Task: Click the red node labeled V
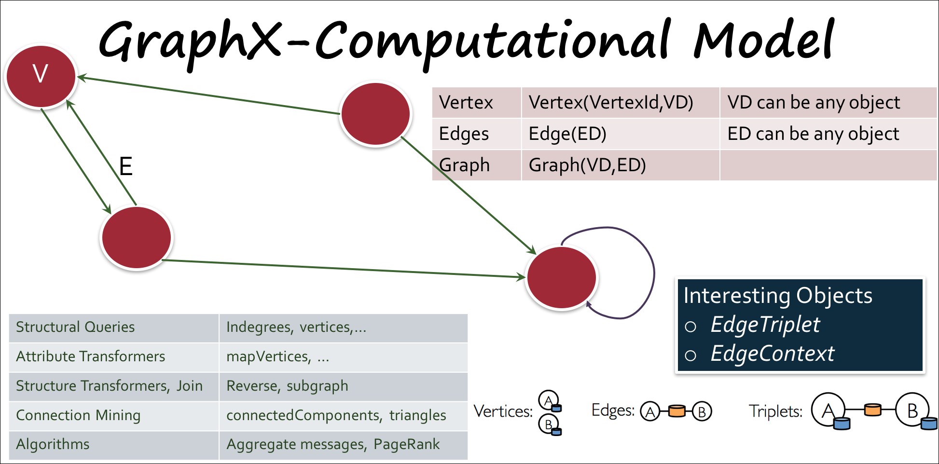pos(41,76)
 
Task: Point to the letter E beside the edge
pos(125,166)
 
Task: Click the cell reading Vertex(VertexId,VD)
pos(611,102)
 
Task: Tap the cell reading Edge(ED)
pos(567,134)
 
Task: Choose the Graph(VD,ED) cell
pos(587,165)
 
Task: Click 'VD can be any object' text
pos(814,102)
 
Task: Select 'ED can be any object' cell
pos(813,134)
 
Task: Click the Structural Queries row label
pos(75,327)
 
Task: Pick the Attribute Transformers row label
pos(91,356)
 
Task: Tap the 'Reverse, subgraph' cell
pos(287,386)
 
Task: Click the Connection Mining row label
pos(78,415)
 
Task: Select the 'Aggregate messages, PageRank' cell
pos(333,444)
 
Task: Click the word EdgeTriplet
pos(765,325)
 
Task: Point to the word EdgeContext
pos(772,354)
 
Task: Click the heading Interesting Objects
pos(778,295)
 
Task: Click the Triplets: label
pos(775,411)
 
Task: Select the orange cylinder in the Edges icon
pos(677,411)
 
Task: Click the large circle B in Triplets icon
pos(912,410)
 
